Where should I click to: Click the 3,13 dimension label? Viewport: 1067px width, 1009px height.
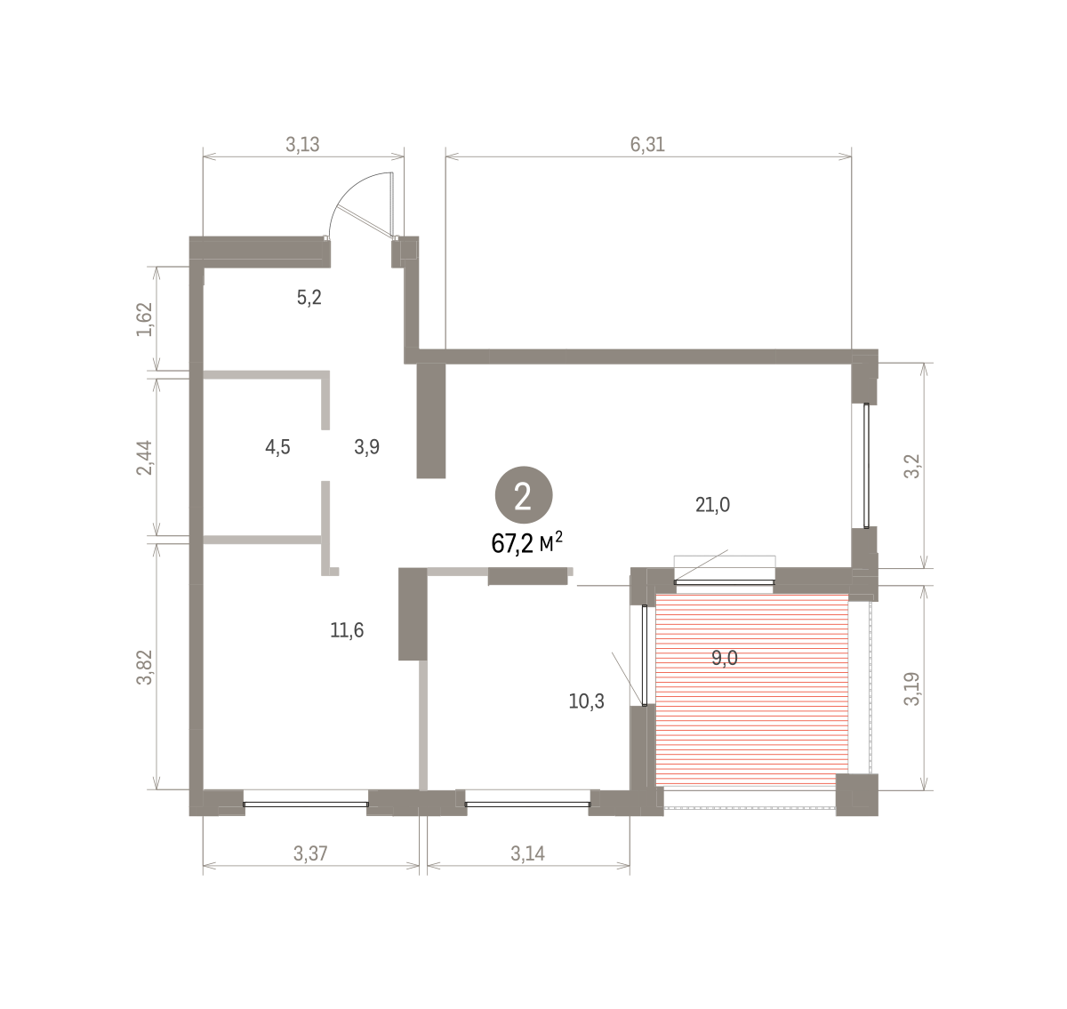[302, 145]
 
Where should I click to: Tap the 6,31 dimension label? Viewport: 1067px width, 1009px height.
[647, 145]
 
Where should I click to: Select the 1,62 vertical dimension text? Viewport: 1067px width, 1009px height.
[145, 319]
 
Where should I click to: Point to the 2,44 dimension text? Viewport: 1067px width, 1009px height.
[145, 458]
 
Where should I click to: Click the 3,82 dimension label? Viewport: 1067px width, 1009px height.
[145, 667]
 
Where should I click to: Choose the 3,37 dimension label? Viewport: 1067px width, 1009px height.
[310, 853]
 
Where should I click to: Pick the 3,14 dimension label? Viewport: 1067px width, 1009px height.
[527, 853]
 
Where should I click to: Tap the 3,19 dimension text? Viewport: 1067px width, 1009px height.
[911, 689]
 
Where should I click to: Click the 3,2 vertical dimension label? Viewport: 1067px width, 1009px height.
[911, 466]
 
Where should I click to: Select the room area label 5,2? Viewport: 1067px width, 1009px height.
[309, 298]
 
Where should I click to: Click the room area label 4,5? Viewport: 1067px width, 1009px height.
[277, 447]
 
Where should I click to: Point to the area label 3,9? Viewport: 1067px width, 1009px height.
[367, 447]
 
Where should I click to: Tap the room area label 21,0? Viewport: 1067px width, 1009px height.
[712, 505]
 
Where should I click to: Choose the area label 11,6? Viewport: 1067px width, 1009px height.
[347, 630]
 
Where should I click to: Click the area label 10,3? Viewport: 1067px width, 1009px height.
[586, 701]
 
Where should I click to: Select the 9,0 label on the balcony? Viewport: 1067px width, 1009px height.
[725, 658]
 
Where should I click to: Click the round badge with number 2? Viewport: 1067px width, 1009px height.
[524, 495]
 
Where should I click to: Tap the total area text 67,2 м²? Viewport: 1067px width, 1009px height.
[526, 543]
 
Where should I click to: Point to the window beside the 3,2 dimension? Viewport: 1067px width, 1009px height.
[866, 466]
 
